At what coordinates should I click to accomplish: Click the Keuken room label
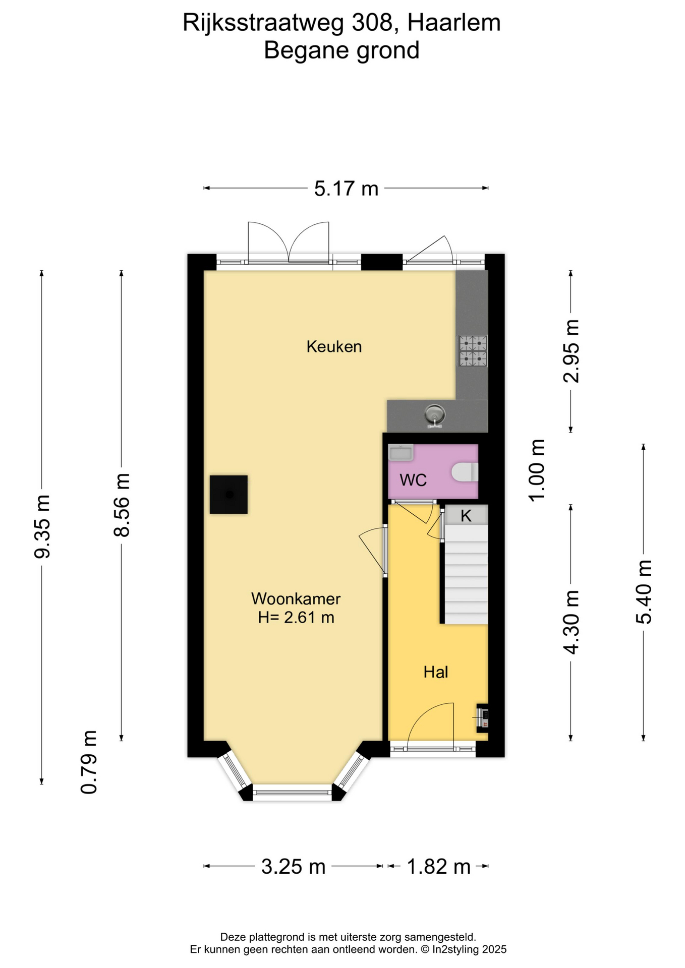(334, 346)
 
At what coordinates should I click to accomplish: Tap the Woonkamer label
(296, 598)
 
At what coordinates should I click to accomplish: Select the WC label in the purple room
(413, 479)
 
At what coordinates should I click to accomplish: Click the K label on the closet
(466, 515)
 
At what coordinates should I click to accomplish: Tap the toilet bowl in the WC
(465, 472)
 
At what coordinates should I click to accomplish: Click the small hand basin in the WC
(401, 452)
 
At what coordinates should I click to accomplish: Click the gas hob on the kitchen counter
(473, 351)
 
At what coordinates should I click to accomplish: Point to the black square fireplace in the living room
(229, 495)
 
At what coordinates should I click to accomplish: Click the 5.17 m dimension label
(346, 189)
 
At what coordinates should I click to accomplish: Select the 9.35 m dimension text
(42, 527)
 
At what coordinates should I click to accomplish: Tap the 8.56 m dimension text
(122, 505)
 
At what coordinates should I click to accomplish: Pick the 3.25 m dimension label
(293, 867)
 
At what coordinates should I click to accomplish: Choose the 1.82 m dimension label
(438, 867)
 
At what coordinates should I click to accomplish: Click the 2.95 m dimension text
(572, 351)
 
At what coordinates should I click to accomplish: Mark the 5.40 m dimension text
(644, 592)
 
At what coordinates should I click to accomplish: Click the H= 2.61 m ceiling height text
(296, 617)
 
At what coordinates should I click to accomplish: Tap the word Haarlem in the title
(453, 23)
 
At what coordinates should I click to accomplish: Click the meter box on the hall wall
(483, 717)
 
